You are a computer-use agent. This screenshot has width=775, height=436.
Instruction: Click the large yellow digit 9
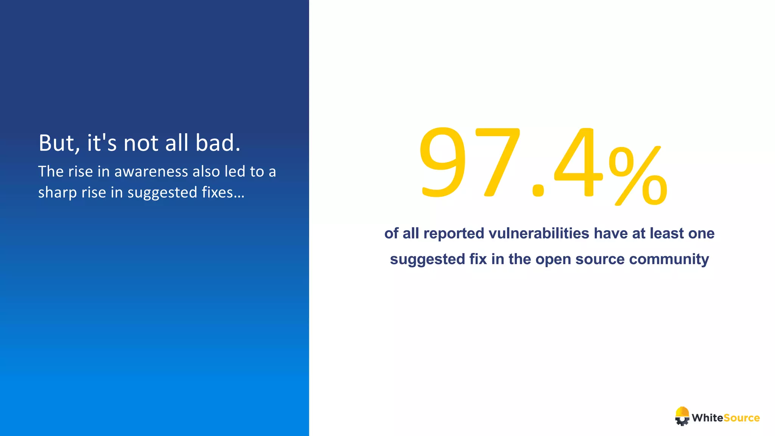click(443, 163)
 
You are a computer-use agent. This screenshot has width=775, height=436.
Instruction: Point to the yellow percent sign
click(638, 176)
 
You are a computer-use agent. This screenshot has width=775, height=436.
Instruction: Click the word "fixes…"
click(223, 192)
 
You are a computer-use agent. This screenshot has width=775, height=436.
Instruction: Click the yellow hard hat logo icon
click(682, 416)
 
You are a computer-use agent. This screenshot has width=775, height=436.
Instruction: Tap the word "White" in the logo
click(707, 418)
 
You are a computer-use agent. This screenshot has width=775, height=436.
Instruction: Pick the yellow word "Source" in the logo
click(741, 418)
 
